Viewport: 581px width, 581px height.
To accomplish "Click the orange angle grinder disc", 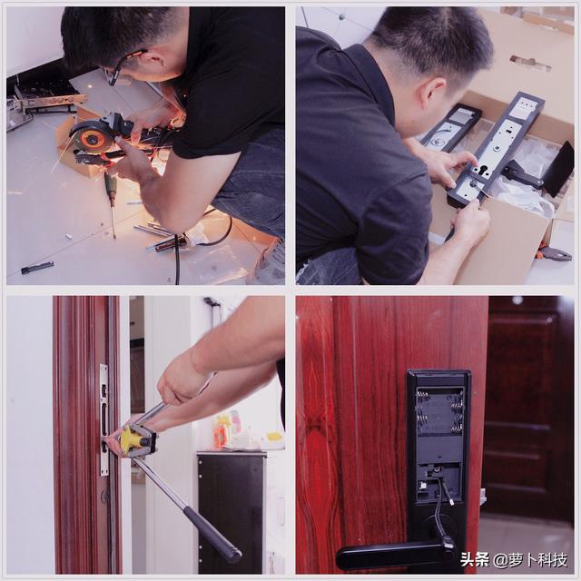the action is pos(89,139).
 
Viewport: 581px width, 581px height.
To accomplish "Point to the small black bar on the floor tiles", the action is pos(37,267).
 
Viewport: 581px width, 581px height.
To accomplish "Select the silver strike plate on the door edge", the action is pos(103,419).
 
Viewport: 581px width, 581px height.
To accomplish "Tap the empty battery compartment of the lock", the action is pos(439,411).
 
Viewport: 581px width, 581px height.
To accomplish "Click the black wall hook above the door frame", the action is pos(212,302).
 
